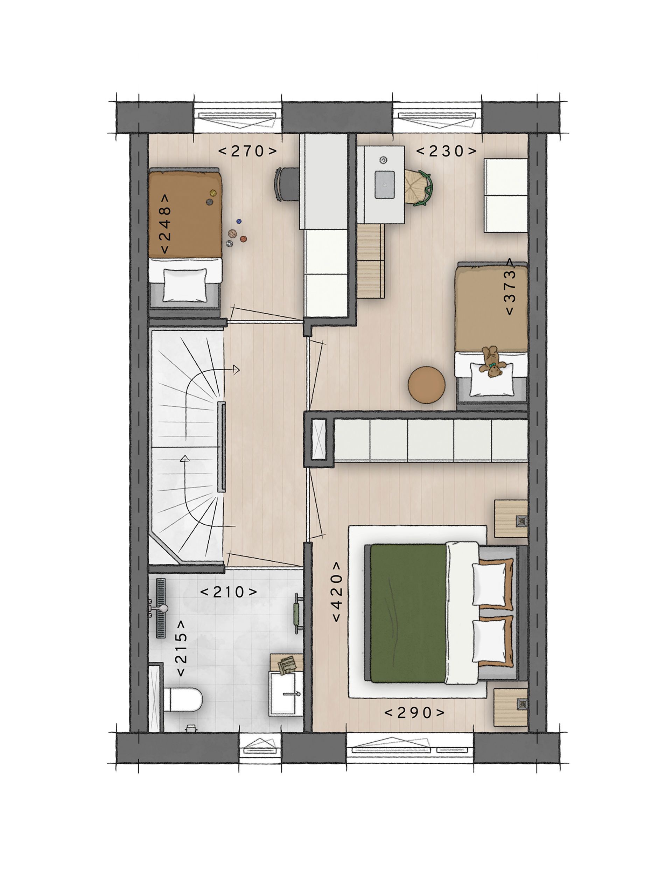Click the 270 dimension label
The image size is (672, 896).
click(247, 152)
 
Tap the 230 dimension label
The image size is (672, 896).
click(446, 152)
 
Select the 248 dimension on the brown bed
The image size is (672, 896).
click(165, 224)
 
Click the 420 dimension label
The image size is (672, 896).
click(336, 592)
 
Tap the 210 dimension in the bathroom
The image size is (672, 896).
click(229, 592)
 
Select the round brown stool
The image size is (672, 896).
click(426, 385)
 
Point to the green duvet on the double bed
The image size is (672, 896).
click(407, 613)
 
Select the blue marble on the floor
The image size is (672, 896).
click(239, 221)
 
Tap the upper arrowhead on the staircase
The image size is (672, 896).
click(236, 369)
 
